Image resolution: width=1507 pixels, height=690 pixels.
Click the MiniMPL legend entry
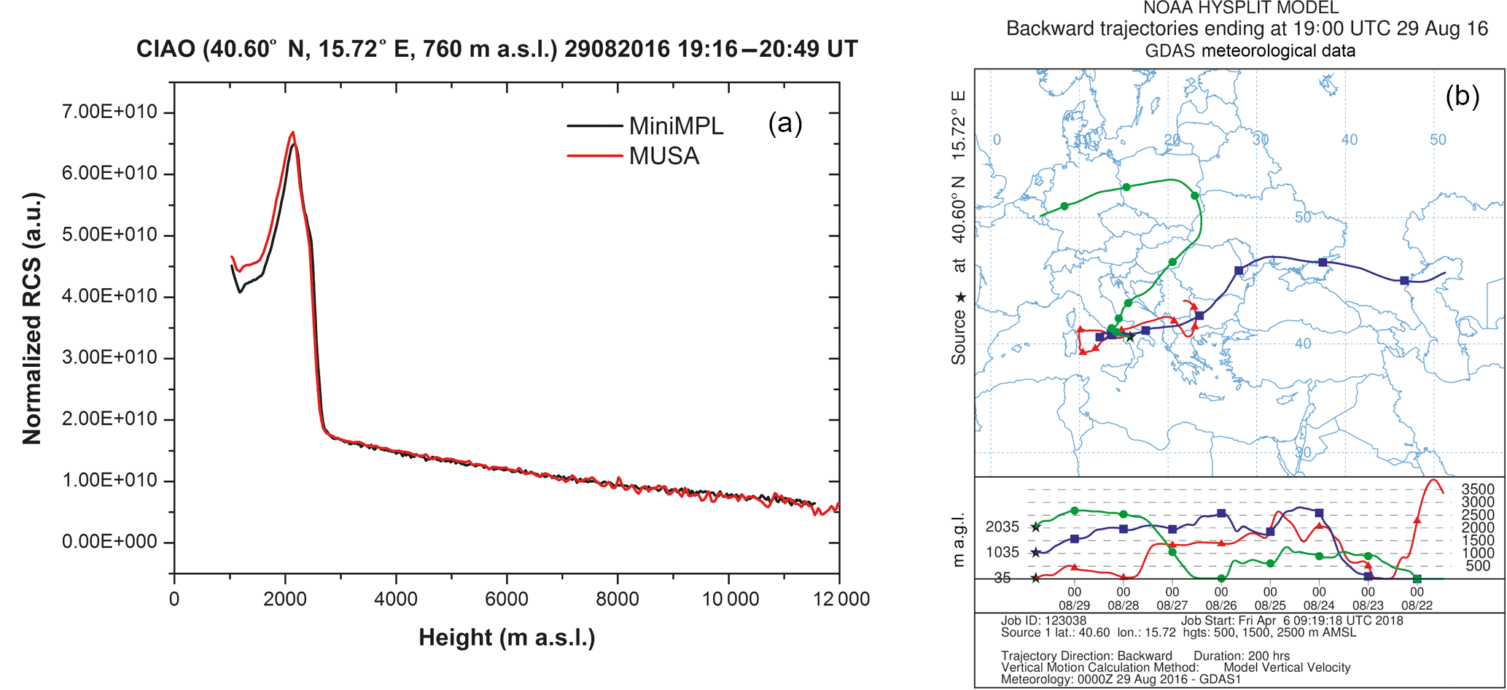(676, 126)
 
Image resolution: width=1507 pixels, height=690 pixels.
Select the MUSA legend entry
(664, 156)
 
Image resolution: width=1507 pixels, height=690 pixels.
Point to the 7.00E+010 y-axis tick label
(109, 112)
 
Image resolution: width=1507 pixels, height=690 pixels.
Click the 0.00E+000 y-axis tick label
(109, 542)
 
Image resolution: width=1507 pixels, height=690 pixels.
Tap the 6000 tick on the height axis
(506, 600)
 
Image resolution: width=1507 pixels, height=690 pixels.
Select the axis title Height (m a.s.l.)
(507, 637)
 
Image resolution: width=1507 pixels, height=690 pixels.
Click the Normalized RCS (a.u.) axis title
(32, 319)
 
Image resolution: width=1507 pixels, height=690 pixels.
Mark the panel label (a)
(784, 123)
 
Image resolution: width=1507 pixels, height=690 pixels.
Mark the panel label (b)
(1462, 96)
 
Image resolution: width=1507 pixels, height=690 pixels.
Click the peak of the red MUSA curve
(292, 132)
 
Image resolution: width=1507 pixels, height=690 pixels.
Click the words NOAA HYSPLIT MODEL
(1241, 9)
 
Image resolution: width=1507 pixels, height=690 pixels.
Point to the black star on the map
(1129, 337)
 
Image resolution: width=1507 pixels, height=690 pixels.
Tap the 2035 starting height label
(1002, 527)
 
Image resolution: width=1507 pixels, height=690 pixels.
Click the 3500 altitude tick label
(1478, 489)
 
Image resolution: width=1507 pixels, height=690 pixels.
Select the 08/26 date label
(1220, 605)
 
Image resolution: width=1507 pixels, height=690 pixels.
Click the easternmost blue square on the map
(1404, 281)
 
